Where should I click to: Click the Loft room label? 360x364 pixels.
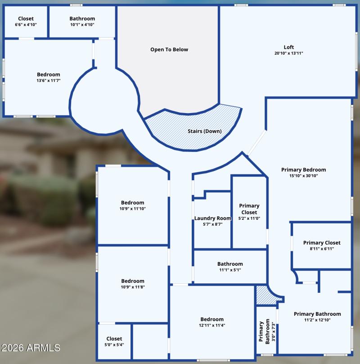pyautogui.click(x=288, y=47)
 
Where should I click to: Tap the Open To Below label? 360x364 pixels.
pyautogui.click(x=169, y=50)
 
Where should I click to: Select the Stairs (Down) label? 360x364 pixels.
pyautogui.click(x=205, y=131)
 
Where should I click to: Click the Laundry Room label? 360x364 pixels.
pyautogui.click(x=213, y=218)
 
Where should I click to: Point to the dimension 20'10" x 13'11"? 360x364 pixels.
pyautogui.click(x=288, y=53)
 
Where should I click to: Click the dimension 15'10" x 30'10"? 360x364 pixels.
pyautogui.click(x=303, y=176)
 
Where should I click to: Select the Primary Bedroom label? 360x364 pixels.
pyautogui.click(x=303, y=170)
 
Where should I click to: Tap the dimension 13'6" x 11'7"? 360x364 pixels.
pyautogui.click(x=49, y=80)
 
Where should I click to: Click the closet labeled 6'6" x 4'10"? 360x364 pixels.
pyautogui.click(x=26, y=22)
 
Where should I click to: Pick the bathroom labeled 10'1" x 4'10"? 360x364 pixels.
pyautogui.click(x=82, y=22)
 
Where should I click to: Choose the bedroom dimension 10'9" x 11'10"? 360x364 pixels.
pyautogui.click(x=133, y=209)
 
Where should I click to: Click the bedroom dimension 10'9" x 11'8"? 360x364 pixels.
pyautogui.click(x=133, y=287)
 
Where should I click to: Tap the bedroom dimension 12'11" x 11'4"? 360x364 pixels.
pyautogui.click(x=212, y=325)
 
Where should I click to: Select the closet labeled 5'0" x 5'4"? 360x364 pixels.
pyautogui.click(x=114, y=342)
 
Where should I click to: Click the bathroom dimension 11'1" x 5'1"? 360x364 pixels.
pyautogui.click(x=230, y=270)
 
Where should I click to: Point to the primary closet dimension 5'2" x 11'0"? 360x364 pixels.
pyautogui.click(x=249, y=218)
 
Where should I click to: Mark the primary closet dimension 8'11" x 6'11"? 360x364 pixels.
pyautogui.click(x=322, y=249)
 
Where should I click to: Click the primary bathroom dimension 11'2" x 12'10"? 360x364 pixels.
pyautogui.click(x=317, y=320)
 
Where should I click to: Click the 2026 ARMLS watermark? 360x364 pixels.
pyautogui.click(x=31, y=348)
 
